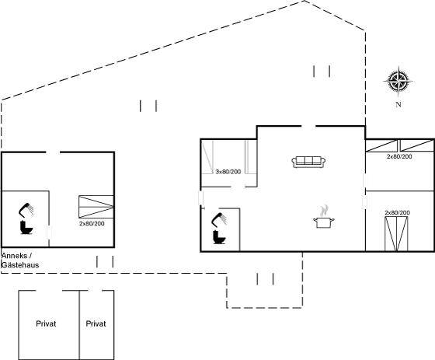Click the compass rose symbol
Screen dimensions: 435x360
398,82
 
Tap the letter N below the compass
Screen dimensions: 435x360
398,104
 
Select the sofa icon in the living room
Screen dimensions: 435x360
308,162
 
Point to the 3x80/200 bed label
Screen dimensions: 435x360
228,172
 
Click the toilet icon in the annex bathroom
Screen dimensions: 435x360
26,227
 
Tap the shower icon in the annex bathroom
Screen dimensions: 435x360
26,210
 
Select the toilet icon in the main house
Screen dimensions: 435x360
219,237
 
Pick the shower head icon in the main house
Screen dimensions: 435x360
219,219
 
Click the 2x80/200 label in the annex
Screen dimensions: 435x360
92,223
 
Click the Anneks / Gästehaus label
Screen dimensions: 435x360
20,260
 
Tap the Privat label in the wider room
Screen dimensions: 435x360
46,323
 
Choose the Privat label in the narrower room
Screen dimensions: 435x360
96,323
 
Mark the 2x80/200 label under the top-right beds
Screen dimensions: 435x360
399,156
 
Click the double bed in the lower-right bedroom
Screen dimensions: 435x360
396,234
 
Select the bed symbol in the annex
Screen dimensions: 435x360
96,207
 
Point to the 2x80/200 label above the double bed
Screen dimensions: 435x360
397,212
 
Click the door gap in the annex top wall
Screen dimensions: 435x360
53,152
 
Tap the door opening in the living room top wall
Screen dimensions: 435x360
308,127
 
